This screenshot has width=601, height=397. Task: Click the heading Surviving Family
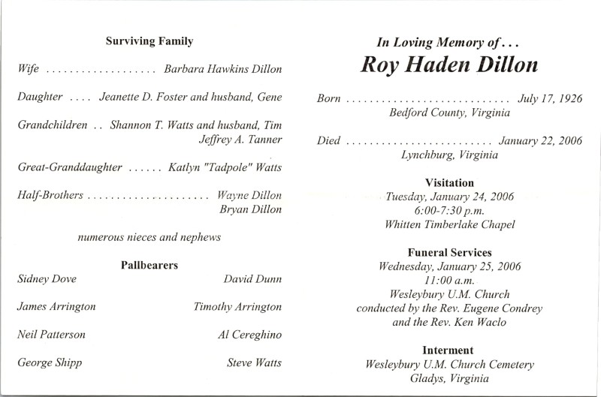point(149,42)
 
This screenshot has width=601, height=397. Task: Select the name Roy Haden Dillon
point(449,66)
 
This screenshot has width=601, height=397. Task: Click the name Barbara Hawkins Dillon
point(223,69)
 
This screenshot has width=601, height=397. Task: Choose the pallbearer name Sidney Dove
point(47,279)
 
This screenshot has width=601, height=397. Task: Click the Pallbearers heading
point(149,265)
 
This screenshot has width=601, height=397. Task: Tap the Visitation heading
point(449,182)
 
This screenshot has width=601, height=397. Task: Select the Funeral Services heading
point(449,252)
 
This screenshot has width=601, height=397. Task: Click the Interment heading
point(449,350)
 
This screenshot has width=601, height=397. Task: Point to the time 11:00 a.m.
point(449,279)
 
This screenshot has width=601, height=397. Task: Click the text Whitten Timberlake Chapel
point(449,224)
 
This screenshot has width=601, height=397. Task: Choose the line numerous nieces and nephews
point(149,238)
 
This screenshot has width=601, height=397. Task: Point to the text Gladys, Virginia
point(449,378)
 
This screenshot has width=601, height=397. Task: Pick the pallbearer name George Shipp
point(50,363)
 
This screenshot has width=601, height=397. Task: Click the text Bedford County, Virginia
point(449,113)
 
